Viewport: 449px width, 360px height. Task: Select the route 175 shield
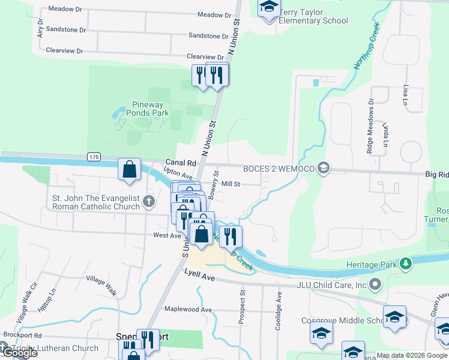(x=93, y=157)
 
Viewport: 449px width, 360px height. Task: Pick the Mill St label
(x=231, y=184)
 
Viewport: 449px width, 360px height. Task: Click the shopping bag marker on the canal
(x=130, y=170)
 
